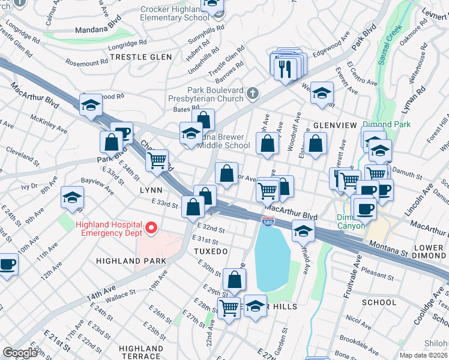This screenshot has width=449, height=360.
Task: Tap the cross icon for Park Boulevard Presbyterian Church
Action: tap(253, 93)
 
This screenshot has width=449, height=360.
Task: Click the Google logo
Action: tap(20, 353)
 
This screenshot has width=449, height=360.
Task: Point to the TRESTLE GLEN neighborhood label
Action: tap(141, 57)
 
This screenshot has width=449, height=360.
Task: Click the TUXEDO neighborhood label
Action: tap(211, 251)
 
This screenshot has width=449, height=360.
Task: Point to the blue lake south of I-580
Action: tap(273, 258)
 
